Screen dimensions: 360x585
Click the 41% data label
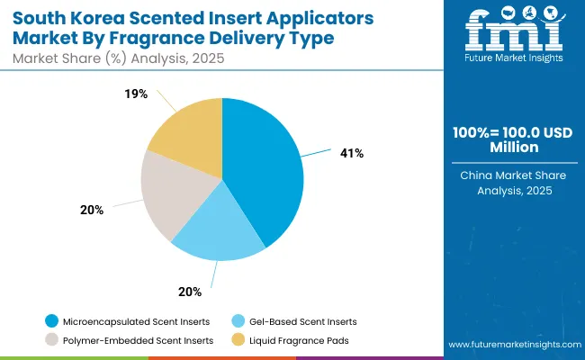[x=352, y=153]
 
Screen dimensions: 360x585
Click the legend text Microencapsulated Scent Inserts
[x=136, y=321]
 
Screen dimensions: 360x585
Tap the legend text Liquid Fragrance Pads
[x=301, y=340]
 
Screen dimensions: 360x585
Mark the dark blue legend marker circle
[x=52, y=321]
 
